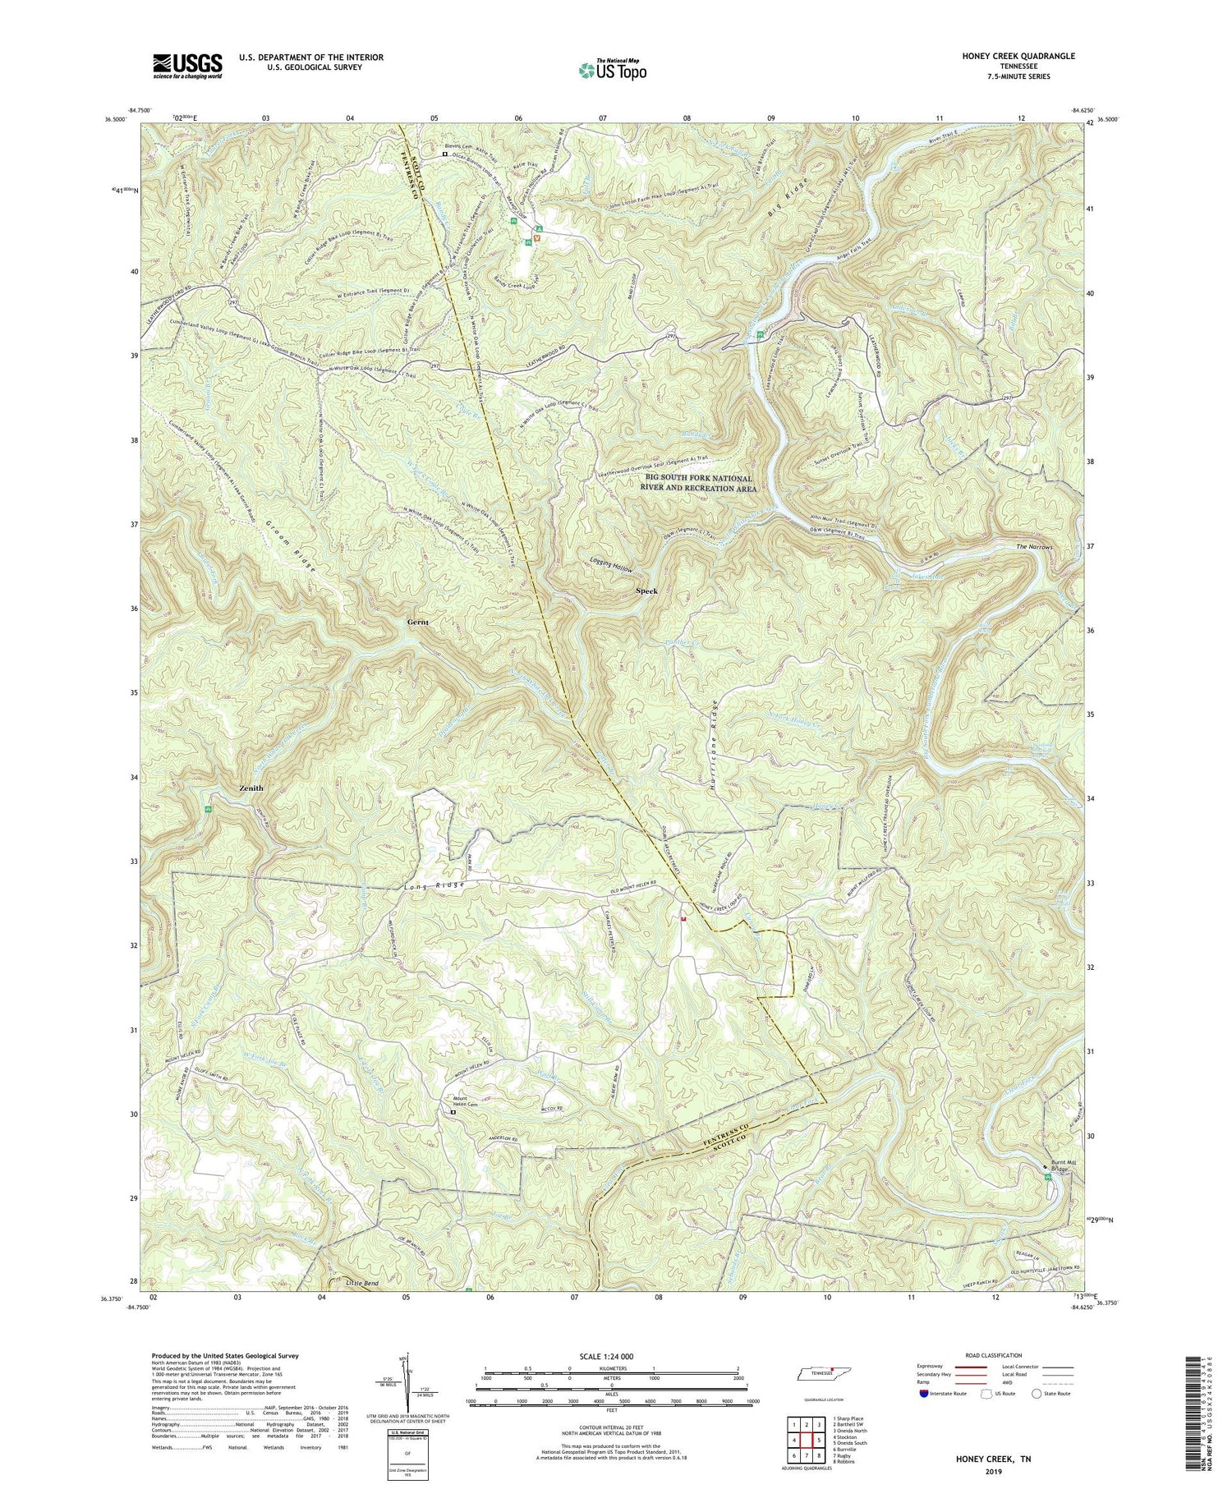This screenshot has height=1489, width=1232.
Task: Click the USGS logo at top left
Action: (187, 66)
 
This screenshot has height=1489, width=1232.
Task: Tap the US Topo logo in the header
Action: (612, 71)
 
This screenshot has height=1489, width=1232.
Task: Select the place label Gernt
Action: (418, 623)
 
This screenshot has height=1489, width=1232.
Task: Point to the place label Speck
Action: (646, 591)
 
